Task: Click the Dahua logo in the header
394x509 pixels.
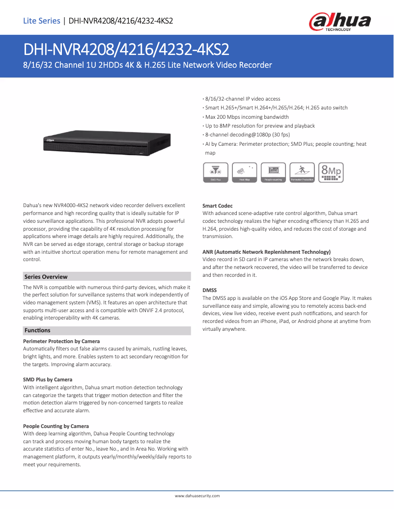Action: point(339,22)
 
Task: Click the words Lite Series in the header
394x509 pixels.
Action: point(41,21)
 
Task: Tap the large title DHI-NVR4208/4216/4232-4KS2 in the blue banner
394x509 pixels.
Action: point(126,50)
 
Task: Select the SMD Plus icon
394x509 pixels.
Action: point(215,172)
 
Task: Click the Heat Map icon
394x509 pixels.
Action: point(244,172)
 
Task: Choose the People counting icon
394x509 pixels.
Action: point(273,172)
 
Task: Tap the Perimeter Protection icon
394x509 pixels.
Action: point(302,172)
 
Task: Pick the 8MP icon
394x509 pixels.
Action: point(331,172)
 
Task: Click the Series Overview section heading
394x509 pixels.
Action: point(46,277)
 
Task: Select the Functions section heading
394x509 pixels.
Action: point(37,331)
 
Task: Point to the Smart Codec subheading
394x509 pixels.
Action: point(218,206)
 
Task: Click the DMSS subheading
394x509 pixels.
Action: point(210,290)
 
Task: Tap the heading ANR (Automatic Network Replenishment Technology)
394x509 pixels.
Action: point(266,252)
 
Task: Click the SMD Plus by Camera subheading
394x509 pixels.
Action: point(48,379)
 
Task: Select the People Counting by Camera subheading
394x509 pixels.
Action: point(56,426)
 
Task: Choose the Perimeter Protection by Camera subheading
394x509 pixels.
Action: point(61,341)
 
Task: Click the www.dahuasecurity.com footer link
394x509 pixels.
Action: point(197,496)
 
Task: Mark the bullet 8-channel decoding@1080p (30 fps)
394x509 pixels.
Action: point(247,135)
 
